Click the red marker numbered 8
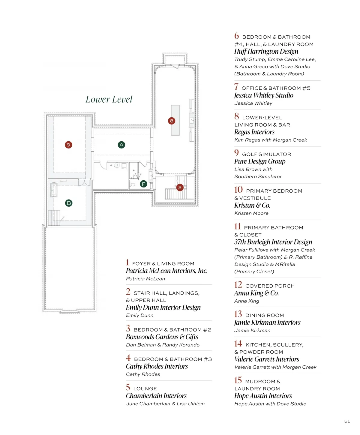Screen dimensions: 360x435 coord(172,121)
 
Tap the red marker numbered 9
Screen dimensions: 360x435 coord(68,145)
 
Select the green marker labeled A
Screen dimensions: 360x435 coord(121,145)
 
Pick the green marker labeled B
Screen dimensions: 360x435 coord(68,203)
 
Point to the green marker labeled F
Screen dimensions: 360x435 coord(143,184)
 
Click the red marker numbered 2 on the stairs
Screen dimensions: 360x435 coord(180,187)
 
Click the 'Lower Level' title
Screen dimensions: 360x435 coord(109,99)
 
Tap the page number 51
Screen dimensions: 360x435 coord(347,421)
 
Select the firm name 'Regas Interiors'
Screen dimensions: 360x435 coord(254,132)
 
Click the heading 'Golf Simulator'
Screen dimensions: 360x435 coord(266,154)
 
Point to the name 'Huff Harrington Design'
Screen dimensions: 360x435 coord(266,51)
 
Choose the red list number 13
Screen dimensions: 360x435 coord(238,314)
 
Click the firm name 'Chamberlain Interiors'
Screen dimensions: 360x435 coord(156,395)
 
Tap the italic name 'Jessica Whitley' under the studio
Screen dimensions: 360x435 coord(253,103)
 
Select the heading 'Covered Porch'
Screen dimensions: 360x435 coord(270,286)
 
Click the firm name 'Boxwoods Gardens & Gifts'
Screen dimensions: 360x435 coord(162,337)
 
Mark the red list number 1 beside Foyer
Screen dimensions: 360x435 coord(127,262)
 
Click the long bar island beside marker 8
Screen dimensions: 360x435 coord(175,120)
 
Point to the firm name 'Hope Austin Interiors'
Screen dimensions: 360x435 coord(263,396)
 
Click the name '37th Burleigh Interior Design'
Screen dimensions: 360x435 coord(273,242)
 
